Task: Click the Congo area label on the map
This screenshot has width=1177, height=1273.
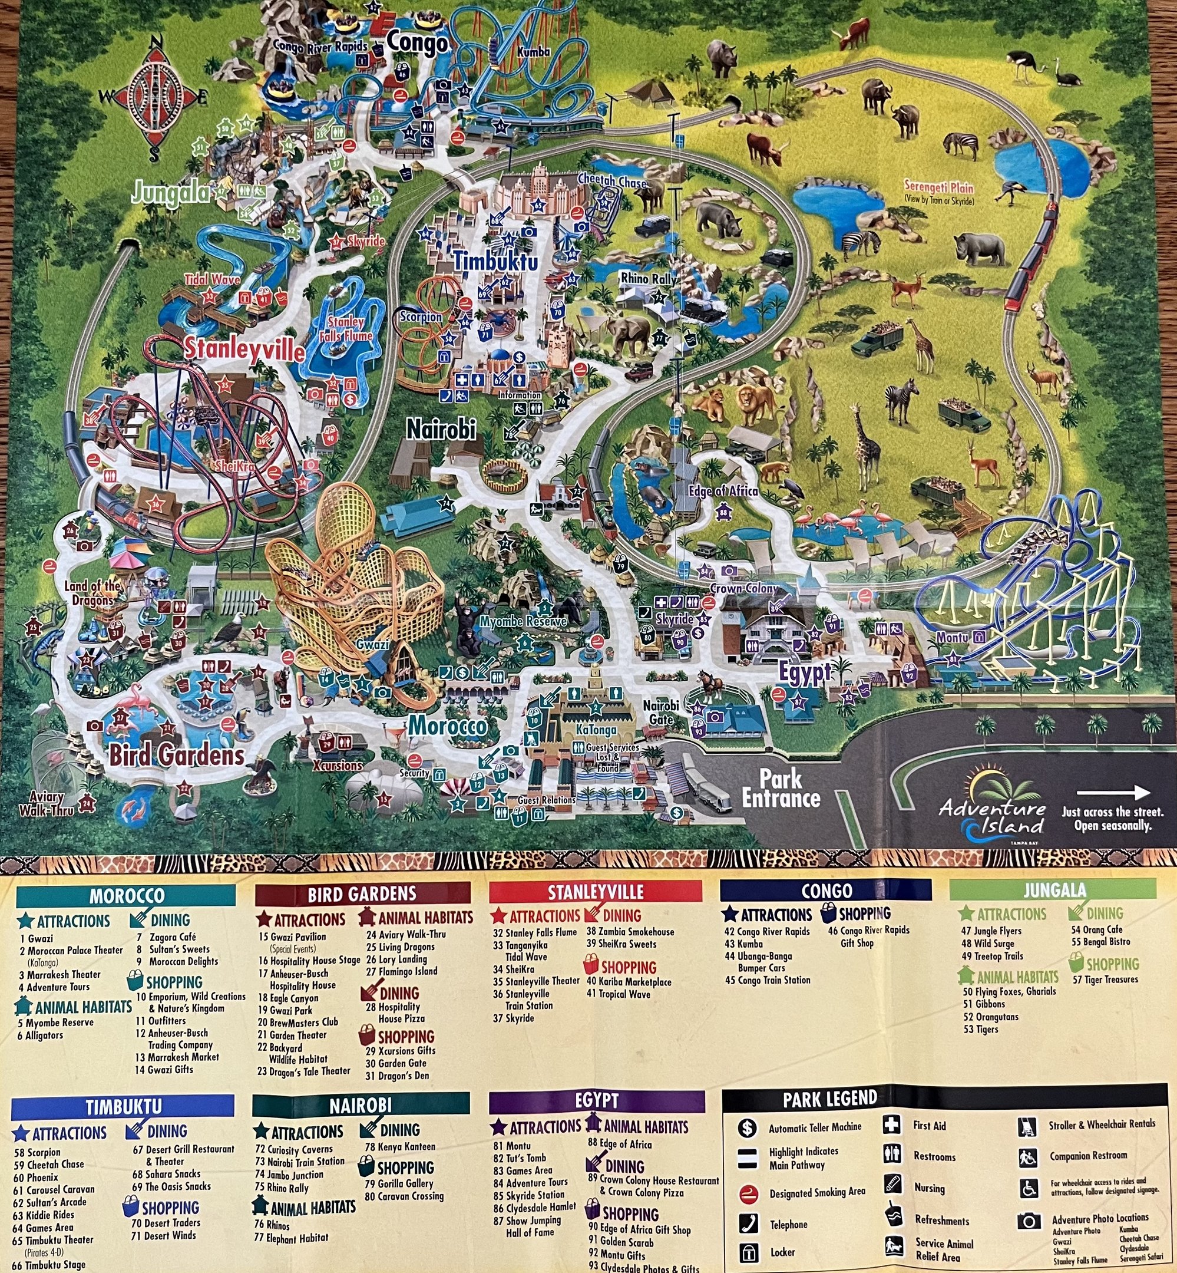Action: pyautogui.click(x=416, y=44)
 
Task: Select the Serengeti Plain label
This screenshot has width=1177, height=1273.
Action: pyautogui.click(x=939, y=188)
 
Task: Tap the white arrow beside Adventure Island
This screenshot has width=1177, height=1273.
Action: pyautogui.click(x=1113, y=793)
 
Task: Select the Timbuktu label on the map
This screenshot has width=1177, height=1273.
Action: pyautogui.click(x=495, y=261)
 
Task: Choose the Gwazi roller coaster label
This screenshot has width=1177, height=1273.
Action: pyautogui.click(x=372, y=645)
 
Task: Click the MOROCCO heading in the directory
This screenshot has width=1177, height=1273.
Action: pyautogui.click(x=126, y=896)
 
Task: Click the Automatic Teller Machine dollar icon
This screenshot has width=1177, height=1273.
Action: pyautogui.click(x=747, y=1129)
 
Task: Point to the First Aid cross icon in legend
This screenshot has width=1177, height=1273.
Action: pyautogui.click(x=892, y=1124)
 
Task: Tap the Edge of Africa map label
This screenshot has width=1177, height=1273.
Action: pyautogui.click(x=723, y=492)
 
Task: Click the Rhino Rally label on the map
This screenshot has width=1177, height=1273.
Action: pyautogui.click(x=649, y=278)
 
